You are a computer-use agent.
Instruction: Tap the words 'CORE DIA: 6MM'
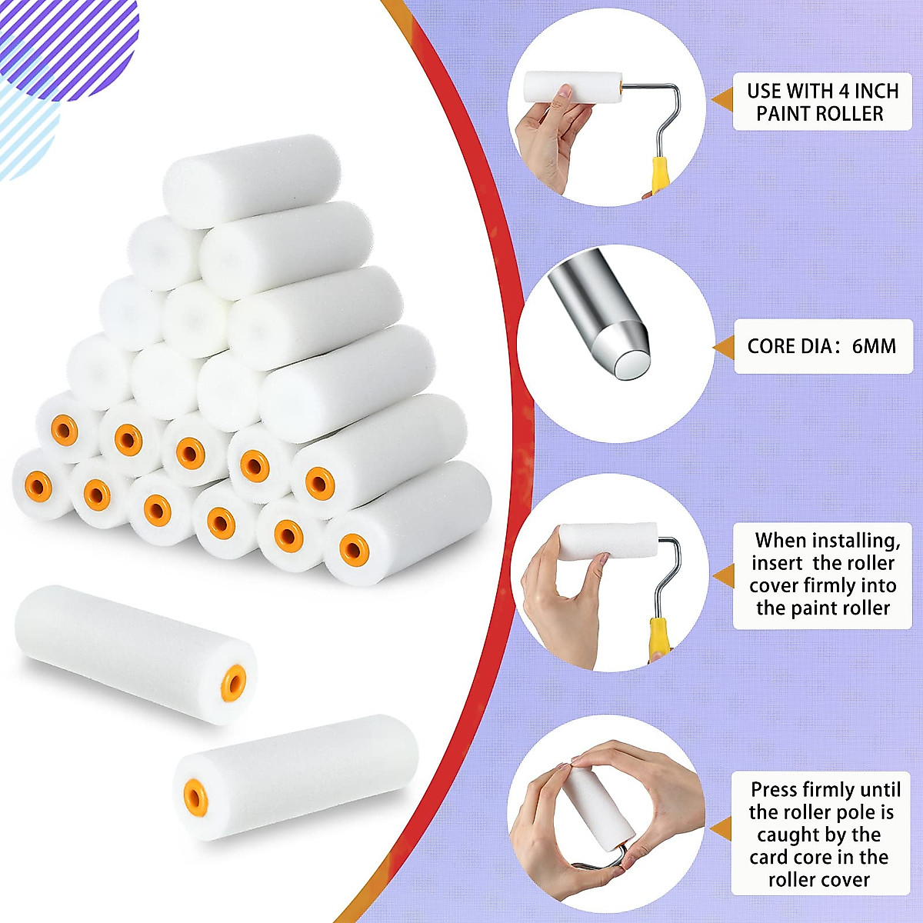821,346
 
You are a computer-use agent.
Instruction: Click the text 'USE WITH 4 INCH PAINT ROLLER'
822,102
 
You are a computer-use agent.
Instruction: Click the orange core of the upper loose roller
234,679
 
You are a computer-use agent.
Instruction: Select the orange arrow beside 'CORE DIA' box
723,348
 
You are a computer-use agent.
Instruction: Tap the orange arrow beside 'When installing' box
723,575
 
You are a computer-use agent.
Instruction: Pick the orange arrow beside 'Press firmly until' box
721,829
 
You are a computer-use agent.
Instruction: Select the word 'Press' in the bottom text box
775,790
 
